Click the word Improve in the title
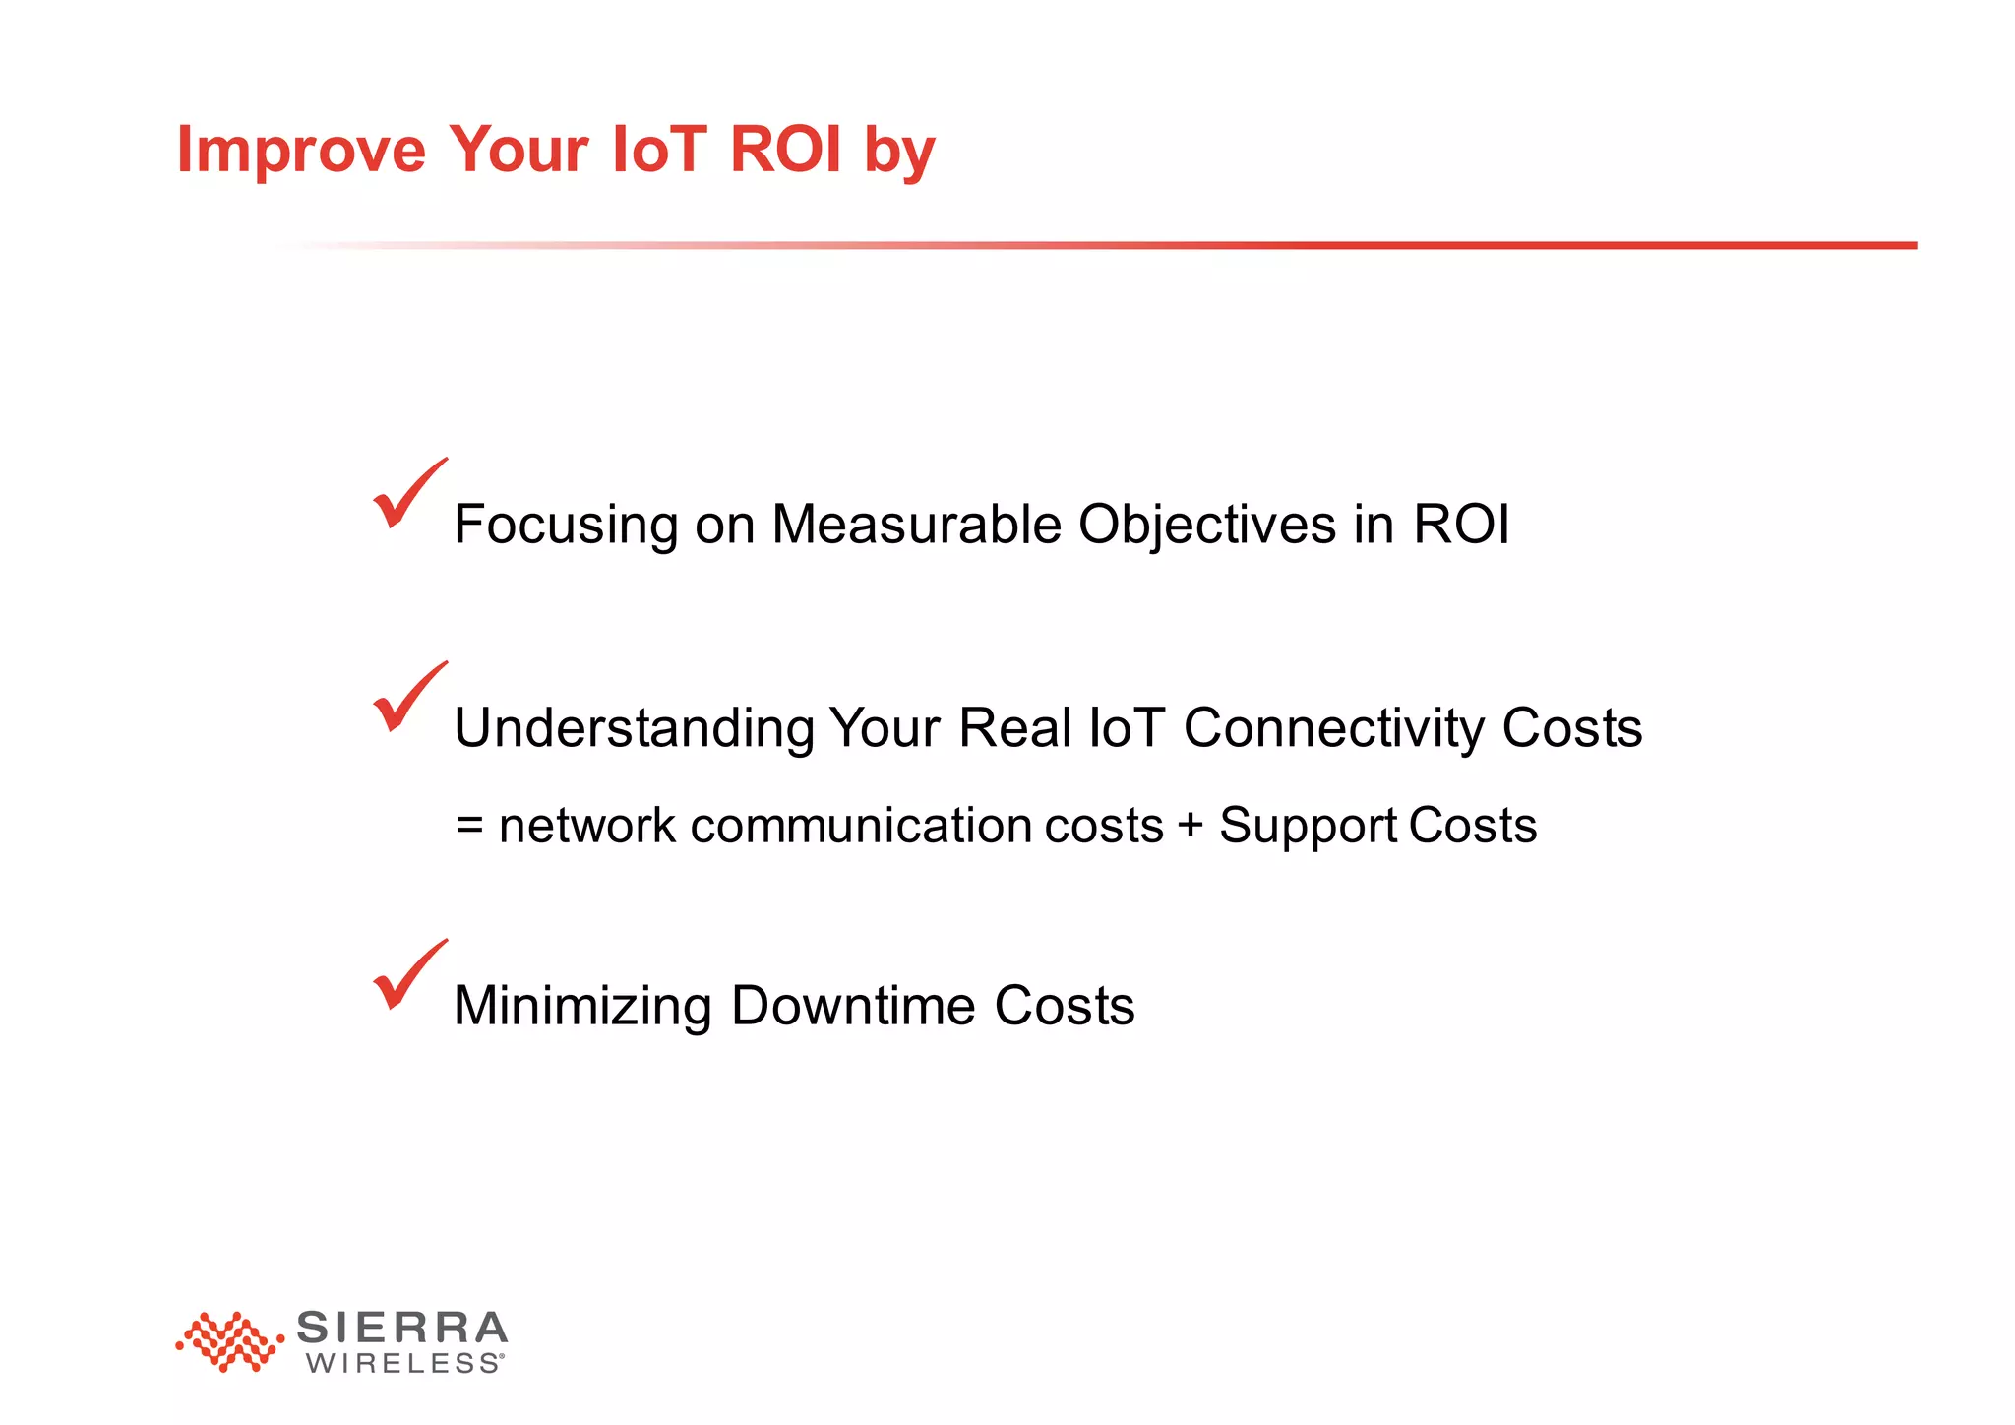tap(301, 151)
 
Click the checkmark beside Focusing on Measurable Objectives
tap(407, 494)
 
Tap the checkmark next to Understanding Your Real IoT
tap(407, 698)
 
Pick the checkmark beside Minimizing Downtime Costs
tap(407, 975)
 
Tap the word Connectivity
tap(1333, 729)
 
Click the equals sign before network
tap(470, 826)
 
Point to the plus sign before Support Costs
tap(1191, 825)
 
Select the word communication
tap(861, 825)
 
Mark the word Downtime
tap(853, 1005)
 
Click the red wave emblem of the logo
tap(229, 1341)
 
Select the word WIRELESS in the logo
tap(403, 1364)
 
